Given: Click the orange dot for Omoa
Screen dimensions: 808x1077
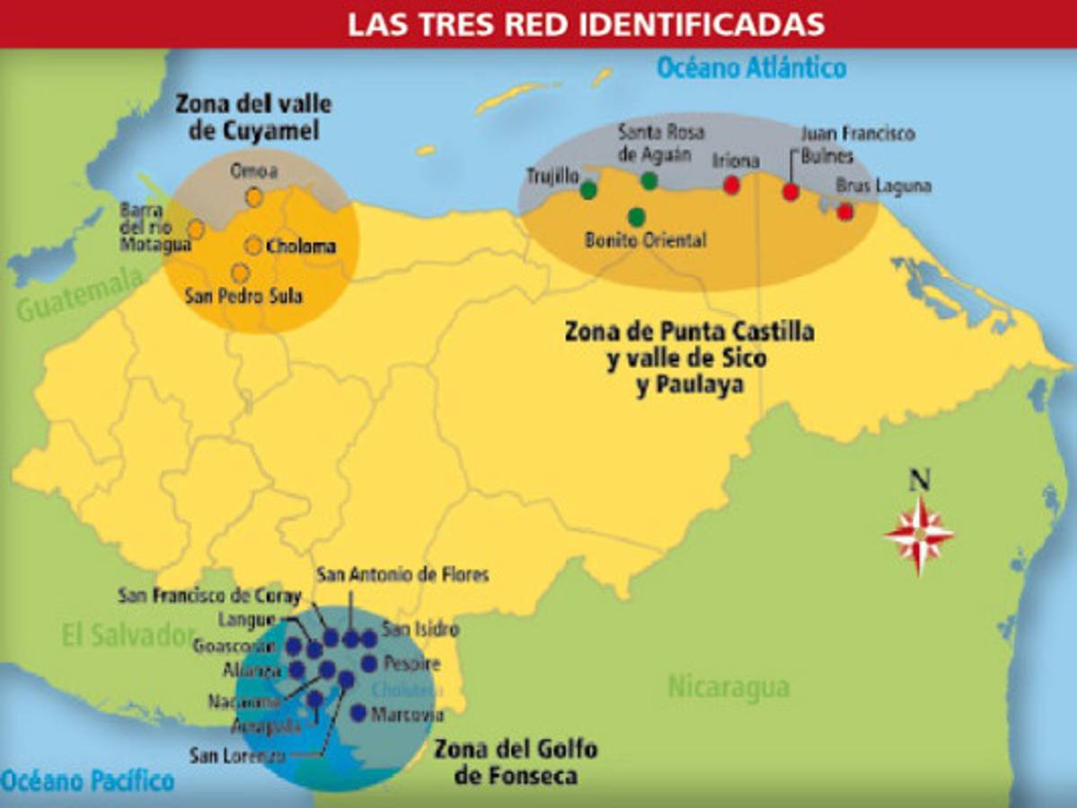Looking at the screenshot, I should (254, 197).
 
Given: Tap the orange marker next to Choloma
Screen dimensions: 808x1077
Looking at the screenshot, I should (253, 245).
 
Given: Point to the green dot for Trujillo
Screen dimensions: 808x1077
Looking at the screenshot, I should (588, 189).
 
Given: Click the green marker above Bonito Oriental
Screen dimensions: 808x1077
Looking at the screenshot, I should (637, 216).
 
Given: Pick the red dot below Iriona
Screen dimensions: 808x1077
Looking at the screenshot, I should (732, 185).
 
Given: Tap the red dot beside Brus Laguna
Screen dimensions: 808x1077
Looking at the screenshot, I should (845, 212).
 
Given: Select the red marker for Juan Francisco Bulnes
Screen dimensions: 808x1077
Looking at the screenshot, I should (790, 191).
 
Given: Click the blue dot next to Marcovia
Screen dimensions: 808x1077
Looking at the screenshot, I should (358, 713).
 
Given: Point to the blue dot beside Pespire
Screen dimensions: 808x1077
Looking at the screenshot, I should (368, 663).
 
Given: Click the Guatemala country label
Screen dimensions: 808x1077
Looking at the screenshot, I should (79, 297).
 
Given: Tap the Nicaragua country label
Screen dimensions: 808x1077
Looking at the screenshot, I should (728, 688).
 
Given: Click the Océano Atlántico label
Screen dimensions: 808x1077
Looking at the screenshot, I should (751, 67).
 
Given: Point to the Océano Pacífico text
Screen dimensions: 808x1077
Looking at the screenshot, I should (87, 780).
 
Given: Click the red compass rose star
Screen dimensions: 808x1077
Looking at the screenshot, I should (919, 535).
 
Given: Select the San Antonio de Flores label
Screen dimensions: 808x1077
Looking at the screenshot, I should (402, 573).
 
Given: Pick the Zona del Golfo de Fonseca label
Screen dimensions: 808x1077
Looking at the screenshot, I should (515, 761).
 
